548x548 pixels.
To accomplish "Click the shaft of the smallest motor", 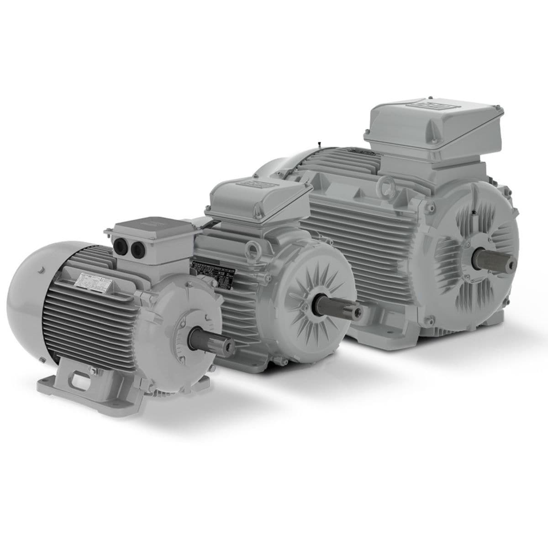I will (x=208, y=340).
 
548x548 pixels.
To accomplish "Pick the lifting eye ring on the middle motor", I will (x=251, y=249).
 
